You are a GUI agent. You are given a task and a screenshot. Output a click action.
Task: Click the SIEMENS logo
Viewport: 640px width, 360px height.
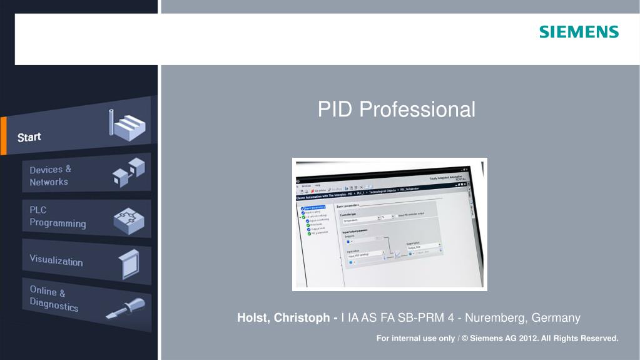coord(579,32)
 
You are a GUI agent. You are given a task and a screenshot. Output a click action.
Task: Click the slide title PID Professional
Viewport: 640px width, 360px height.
coord(396,110)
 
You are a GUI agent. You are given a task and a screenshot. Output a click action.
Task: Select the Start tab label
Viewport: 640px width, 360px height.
coord(29,137)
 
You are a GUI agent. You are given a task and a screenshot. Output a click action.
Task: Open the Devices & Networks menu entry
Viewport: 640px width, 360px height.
coord(50,175)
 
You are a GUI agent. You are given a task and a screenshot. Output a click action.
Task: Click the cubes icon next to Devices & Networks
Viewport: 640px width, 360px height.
coord(128,172)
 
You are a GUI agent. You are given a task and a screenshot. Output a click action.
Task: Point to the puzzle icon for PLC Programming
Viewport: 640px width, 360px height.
coord(128,219)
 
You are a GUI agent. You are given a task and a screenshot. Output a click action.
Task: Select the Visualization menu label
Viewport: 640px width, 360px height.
coord(56,260)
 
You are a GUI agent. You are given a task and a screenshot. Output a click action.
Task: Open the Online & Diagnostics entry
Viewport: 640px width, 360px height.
coord(54,299)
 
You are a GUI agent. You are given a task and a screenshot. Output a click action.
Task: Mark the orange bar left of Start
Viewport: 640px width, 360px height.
coord(3,136)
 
